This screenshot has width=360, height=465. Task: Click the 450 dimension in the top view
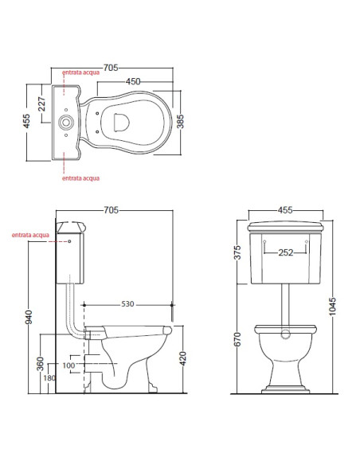(x=133, y=81)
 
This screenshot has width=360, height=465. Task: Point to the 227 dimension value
(x=41, y=104)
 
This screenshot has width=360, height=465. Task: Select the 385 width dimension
(x=180, y=121)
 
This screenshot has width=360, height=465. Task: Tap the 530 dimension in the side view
(x=127, y=304)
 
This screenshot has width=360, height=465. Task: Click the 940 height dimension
(x=29, y=317)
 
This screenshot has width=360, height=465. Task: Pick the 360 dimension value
(x=40, y=364)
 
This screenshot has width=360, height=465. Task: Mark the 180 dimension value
(x=49, y=377)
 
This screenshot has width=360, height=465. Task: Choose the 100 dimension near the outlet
(x=68, y=365)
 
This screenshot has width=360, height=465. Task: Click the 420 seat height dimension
(x=183, y=358)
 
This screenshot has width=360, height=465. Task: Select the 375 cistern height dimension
(x=237, y=252)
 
